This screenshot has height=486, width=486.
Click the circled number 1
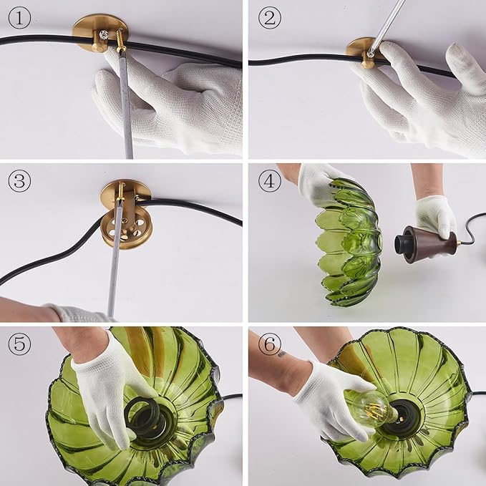(19, 18)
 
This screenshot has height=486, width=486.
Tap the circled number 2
(270, 18)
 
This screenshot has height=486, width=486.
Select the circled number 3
(19, 180)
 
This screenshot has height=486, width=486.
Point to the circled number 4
(270, 180)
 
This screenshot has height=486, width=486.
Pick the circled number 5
(19, 344)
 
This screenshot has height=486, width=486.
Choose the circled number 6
(270, 344)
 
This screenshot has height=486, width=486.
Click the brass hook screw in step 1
(122, 39)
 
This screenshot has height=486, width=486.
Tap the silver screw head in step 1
(102, 34)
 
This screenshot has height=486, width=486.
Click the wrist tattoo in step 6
(281, 354)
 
